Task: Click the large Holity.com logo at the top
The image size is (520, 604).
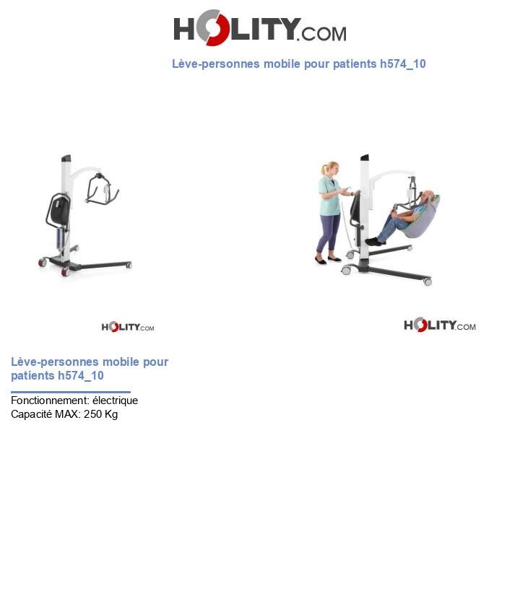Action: click(259, 28)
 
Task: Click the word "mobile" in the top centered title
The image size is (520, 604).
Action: click(282, 64)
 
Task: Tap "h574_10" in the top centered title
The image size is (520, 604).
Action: click(402, 64)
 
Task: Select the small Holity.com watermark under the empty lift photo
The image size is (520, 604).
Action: click(128, 327)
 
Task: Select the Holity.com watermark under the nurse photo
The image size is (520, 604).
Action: click(439, 325)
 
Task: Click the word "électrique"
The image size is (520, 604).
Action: click(115, 401)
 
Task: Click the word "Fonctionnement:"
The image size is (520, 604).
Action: click(50, 401)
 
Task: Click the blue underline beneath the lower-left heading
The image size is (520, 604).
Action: click(70, 392)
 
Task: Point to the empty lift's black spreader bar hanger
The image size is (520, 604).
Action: click(102, 189)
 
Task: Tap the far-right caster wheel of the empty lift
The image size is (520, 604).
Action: click(129, 265)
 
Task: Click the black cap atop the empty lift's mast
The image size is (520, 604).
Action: click(66, 157)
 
